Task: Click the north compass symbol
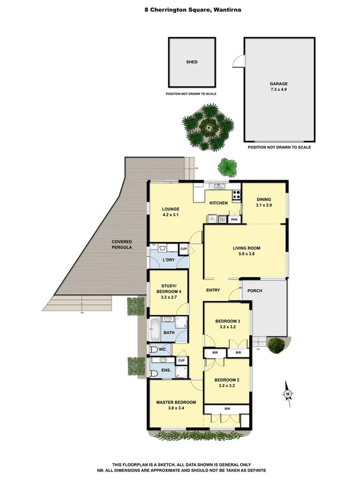[288, 394]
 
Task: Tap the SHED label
[191, 62]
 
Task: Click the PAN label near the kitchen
[234, 219]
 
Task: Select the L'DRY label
[169, 260]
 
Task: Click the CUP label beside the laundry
[183, 249]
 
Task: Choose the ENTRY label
[213, 290]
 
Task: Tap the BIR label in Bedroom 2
[227, 409]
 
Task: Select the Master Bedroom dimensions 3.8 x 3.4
[175, 409]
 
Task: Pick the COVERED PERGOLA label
[121, 245]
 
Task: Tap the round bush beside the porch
[276, 345]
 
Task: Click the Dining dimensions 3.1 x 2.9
[264, 205]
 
